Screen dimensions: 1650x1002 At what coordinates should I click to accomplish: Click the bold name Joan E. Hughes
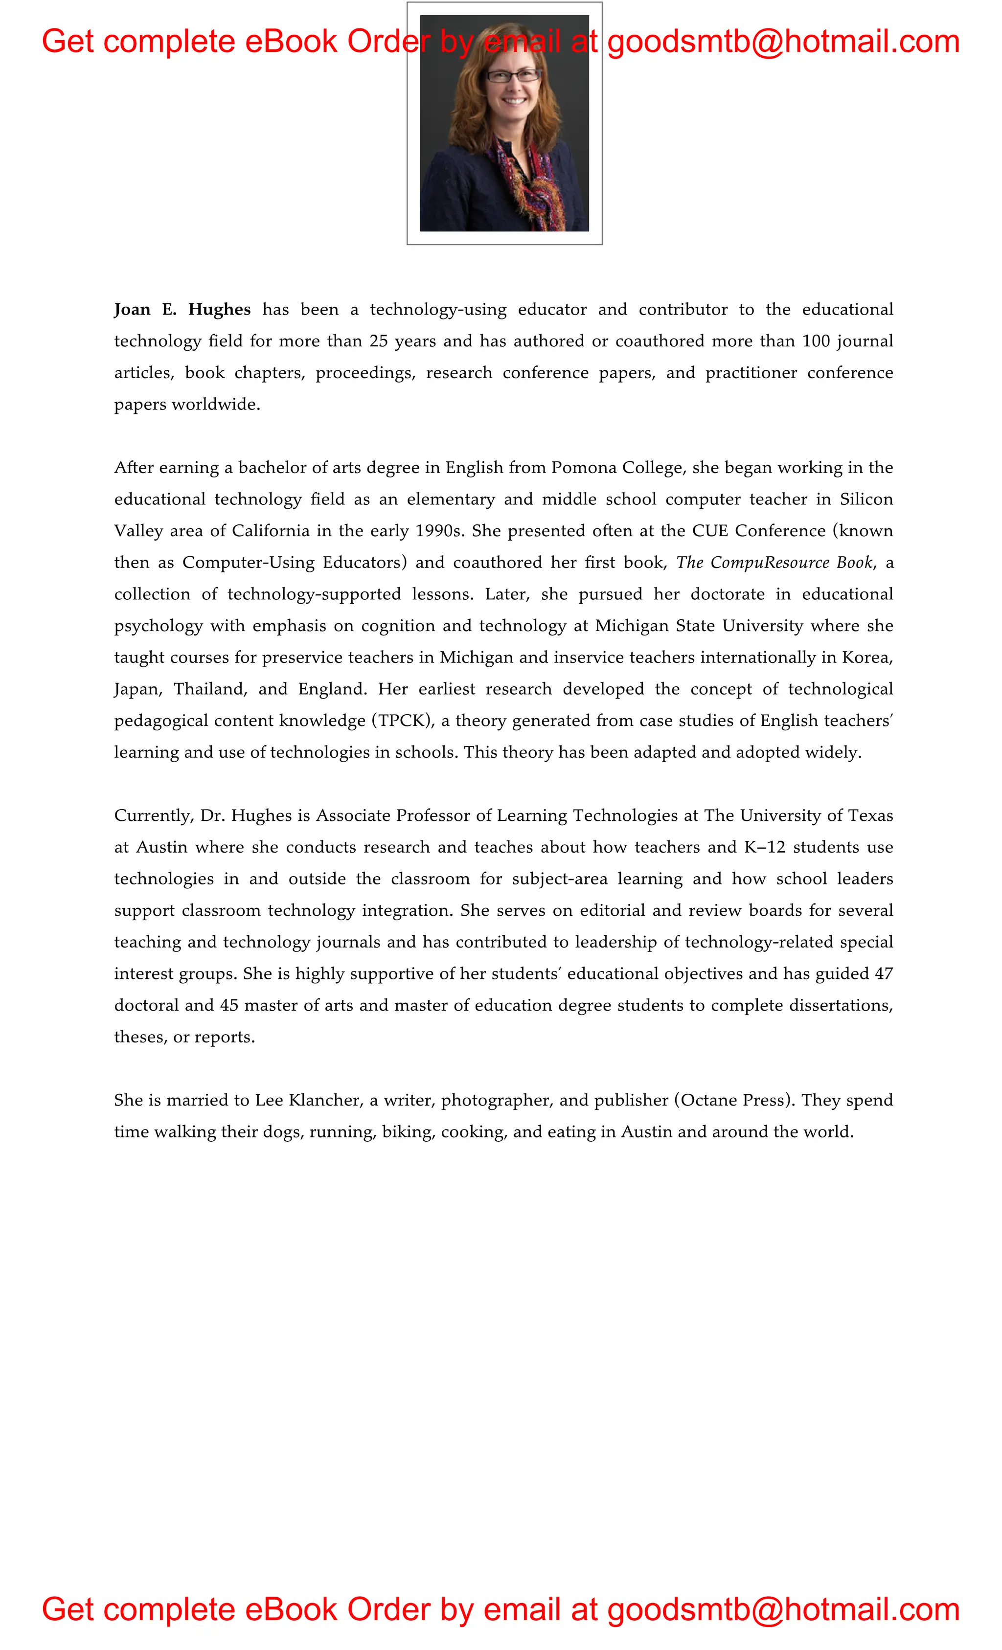click(182, 309)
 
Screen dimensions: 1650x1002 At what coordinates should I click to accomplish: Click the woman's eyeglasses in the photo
click(512, 76)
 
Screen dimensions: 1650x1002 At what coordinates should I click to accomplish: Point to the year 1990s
click(439, 531)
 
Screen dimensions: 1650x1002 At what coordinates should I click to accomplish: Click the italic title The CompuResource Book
click(774, 563)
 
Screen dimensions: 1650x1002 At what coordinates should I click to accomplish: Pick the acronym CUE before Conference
click(709, 531)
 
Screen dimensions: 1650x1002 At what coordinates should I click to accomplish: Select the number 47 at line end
click(884, 973)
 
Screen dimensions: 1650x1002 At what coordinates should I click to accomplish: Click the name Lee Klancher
click(309, 1100)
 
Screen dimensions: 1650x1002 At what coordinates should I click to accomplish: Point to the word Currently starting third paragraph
click(153, 815)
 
